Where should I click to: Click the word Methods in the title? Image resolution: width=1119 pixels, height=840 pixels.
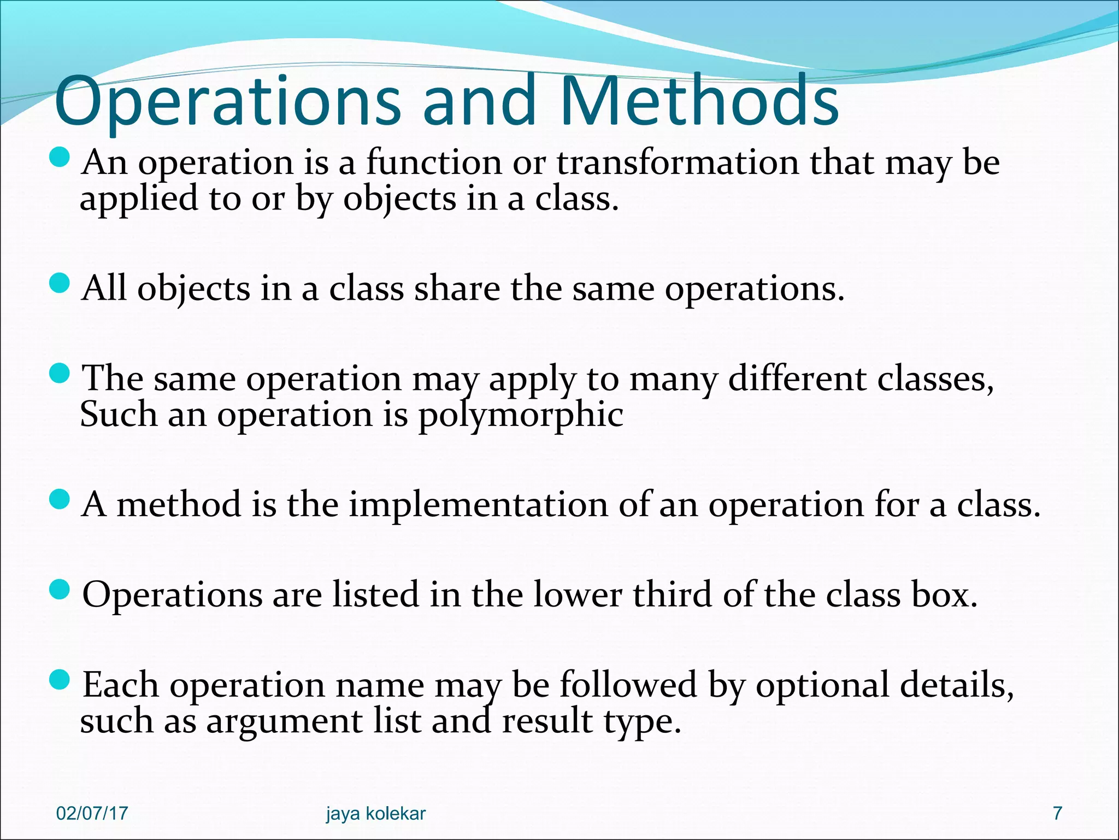tap(699, 101)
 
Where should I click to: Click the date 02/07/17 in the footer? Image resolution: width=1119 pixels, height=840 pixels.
tap(92, 813)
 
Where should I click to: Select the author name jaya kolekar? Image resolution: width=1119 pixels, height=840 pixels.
tap(376, 813)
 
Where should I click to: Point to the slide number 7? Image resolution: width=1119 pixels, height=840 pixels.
tap(1057, 813)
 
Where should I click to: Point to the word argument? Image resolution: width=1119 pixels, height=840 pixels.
tap(284, 721)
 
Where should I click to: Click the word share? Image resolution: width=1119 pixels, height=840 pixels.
tap(457, 288)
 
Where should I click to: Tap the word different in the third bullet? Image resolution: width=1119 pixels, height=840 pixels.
tap(797, 378)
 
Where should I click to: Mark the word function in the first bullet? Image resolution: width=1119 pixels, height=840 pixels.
tap(433, 162)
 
